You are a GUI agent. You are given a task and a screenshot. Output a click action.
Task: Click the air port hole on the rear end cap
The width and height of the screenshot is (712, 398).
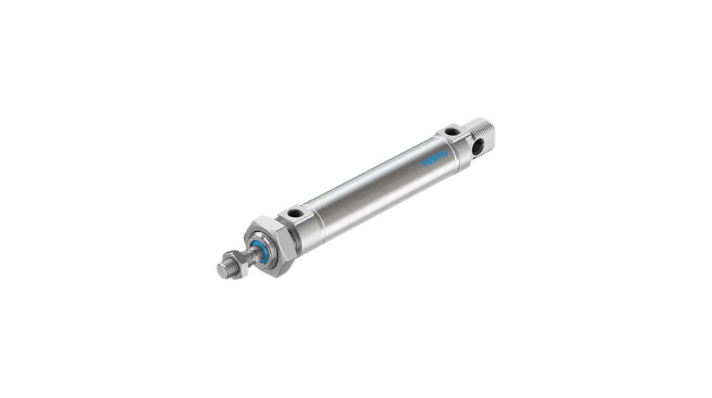point(451,131)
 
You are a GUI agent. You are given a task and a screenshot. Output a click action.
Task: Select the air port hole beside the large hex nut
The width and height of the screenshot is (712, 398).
point(294,212)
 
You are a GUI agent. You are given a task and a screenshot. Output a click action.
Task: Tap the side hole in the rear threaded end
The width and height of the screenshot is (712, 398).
point(478,147)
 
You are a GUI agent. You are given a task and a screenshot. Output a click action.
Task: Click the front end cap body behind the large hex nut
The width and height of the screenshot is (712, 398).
point(301,227)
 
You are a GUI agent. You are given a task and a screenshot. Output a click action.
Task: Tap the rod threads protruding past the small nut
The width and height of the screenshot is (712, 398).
point(225,269)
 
